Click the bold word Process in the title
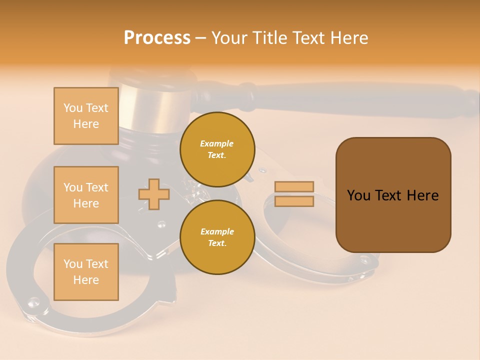click(x=157, y=37)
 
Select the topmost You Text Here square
click(x=86, y=116)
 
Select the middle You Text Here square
click(x=86, y=195)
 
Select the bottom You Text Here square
click(x=86, y=271)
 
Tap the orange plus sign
click(x=154, y=194)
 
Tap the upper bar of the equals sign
click(x=294, y=187)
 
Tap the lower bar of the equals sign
click(x=294, y=201)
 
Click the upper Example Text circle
click(x=217, y=149)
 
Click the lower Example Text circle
click(x=217, y=237)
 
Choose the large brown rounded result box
click(x=393, y=195)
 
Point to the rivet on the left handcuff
click(x=33, y=301)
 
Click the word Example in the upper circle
click(x=217, y=143)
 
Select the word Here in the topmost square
click(x=86, y=124)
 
